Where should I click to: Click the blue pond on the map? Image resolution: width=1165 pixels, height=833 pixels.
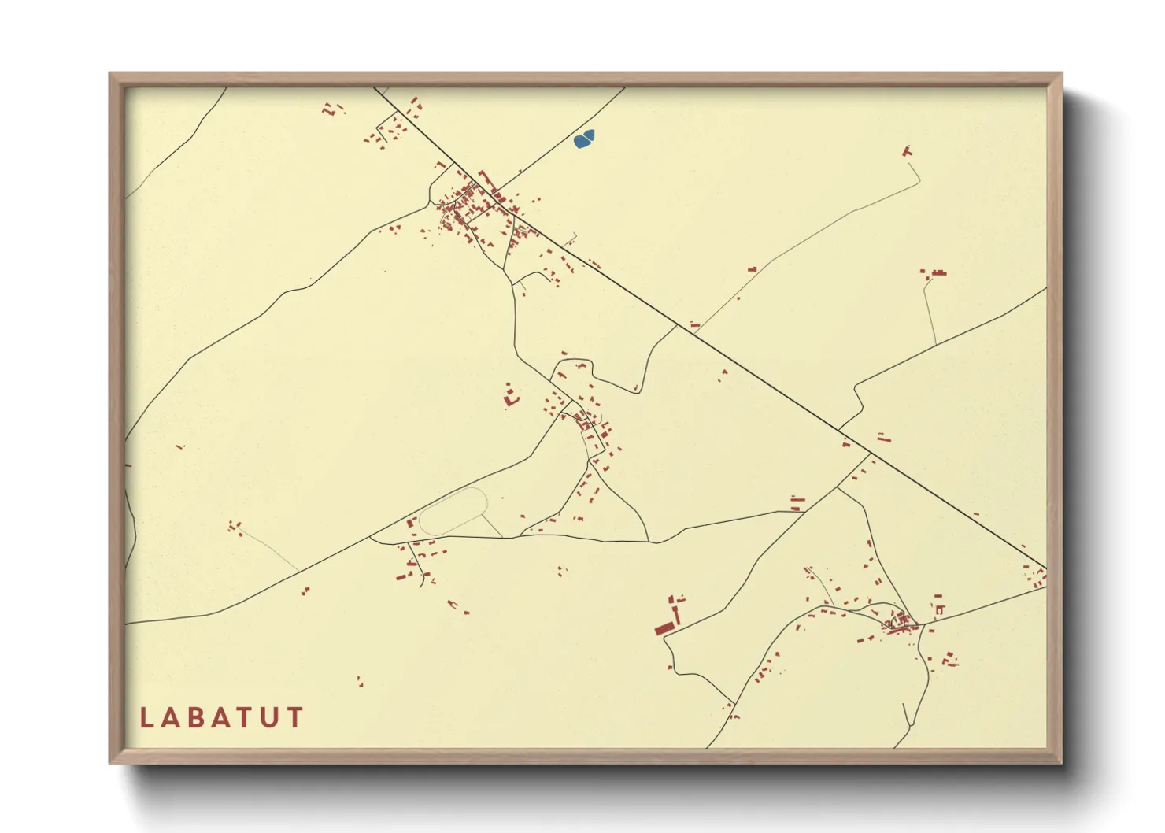[584, 139]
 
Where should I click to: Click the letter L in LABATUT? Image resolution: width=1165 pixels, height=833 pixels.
[146, 717]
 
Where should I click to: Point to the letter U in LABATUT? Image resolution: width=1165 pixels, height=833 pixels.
[270, 717]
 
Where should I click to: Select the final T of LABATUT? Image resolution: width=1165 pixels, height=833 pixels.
[295, 717]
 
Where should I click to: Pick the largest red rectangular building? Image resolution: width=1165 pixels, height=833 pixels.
[665, 628]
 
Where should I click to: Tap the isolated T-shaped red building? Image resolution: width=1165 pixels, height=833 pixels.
[907, 150]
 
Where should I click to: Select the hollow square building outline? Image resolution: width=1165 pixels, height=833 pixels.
[939, 609]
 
